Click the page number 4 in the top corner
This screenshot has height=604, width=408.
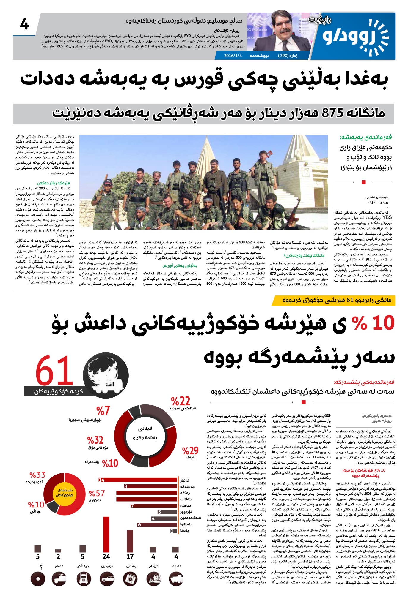(24, 24)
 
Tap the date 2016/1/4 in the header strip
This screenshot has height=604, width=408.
(233, 56)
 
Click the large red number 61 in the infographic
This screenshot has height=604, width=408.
(54, 372)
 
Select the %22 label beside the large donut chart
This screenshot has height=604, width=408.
(181, 401)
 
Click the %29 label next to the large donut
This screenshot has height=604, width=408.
(190, 451)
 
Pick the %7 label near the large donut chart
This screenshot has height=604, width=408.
(103, 411)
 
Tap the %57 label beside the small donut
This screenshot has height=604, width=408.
(97, 494)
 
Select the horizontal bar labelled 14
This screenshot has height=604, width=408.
(138, 480)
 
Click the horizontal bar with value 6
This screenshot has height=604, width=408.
(158, 525)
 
